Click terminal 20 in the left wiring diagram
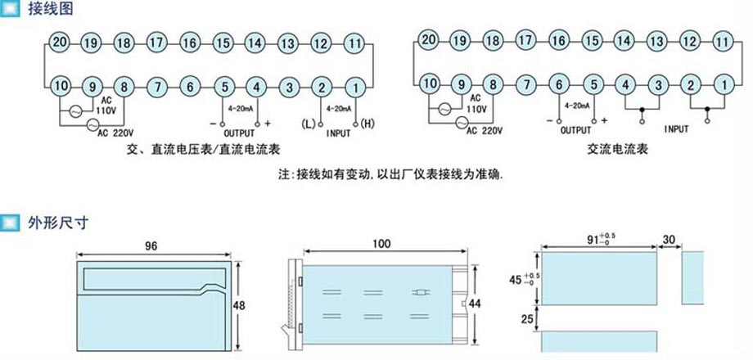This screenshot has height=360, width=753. coord(60,43)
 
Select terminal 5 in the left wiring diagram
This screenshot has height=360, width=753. coord(223,88)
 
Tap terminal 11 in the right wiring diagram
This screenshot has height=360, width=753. coord(722,41)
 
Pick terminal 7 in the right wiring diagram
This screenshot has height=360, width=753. coord(527,85)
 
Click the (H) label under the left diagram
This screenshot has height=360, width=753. coord(367,124)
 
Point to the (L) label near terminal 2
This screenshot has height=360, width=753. coord(309,124)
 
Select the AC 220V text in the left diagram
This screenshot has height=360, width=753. coord(116,133)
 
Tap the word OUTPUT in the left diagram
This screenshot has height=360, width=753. coord(240,133)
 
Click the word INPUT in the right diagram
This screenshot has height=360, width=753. coord(676,129)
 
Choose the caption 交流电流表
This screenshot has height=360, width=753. coord(617,149)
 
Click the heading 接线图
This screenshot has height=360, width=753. coord(51,8)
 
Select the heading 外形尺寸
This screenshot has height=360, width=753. coord(58,223)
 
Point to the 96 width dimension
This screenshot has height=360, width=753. coord(151,245)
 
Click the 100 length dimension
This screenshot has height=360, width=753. coord(381,243)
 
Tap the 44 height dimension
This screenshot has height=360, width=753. coord(476,304)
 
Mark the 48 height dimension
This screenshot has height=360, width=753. coord(239,305)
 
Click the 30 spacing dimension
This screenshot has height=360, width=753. coord(669,239)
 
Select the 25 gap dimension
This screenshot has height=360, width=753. coord(527,319)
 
